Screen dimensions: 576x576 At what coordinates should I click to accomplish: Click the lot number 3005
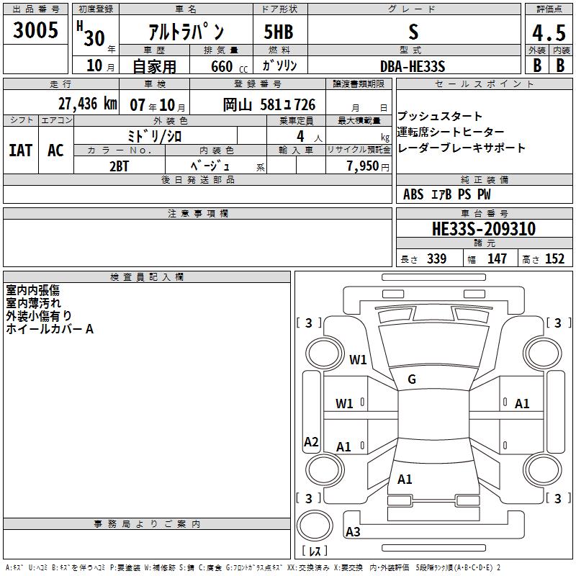click(x=35, y=30)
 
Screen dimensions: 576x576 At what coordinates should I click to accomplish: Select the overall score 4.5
click(x=549, y=32)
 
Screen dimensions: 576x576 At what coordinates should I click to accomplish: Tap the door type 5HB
click(x=279, y=32)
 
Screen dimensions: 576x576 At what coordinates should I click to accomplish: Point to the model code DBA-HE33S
click(x=413, y=66)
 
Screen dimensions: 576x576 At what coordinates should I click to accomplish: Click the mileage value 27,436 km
click(x=87, y=104)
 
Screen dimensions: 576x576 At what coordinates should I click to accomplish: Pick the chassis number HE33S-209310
click(x=484, y=229)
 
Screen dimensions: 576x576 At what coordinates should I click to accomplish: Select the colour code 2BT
click(x=119, y=166)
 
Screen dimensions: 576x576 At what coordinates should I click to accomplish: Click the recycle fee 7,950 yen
click(x=368, y=166)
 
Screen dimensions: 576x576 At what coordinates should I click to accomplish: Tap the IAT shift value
click(x=21, y=150)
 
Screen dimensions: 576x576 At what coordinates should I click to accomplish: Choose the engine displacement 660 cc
click(x=229, y=67)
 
